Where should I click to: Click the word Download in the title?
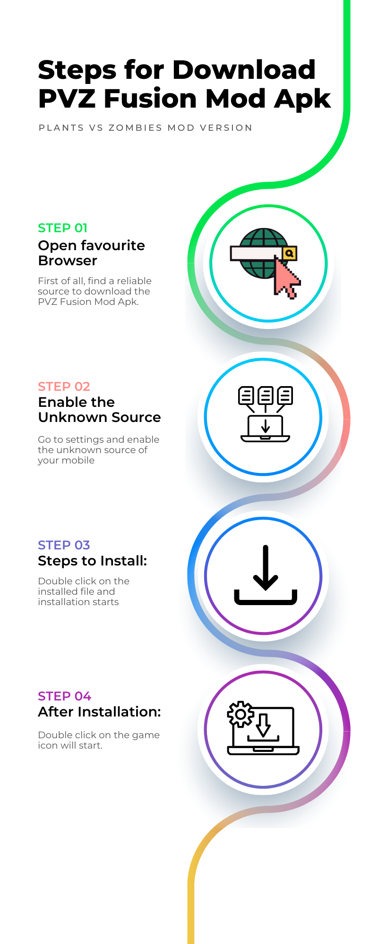244,70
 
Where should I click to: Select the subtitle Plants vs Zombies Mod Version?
146,128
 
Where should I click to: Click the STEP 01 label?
63,228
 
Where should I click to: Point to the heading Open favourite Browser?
92,253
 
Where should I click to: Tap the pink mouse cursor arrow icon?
286,277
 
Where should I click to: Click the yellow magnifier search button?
290,253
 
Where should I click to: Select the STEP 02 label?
64,387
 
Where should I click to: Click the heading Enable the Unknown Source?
100,410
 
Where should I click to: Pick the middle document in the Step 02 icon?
266,395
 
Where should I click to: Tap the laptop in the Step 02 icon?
266,429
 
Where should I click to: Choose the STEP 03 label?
64,545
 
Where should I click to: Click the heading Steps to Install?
93,561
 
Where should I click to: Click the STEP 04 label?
65,696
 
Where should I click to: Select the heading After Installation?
100,712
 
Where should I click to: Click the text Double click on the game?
99,735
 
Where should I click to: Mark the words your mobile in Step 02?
66,461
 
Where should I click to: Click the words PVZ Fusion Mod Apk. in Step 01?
88,302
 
